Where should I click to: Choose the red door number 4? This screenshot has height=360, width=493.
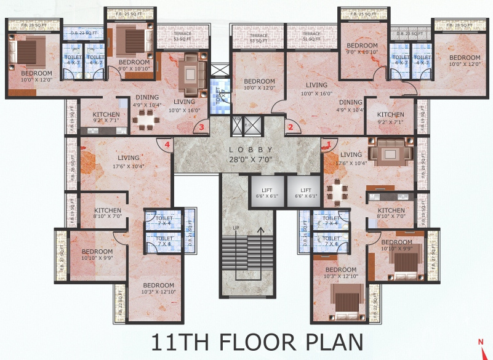tap(166, 144)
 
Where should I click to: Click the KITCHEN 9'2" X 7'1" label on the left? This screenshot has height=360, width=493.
tap(106, 118)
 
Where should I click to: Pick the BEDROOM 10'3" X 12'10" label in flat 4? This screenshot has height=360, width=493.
tap(159, 289)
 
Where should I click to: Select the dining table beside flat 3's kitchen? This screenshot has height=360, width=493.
tap(147, 119)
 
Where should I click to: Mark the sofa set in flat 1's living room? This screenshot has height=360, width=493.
tap(390, 150)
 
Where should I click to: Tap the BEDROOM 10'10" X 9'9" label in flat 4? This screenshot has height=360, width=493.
tap(97, 255)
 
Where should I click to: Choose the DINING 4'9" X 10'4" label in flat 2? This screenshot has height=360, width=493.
tap(350, 106)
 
